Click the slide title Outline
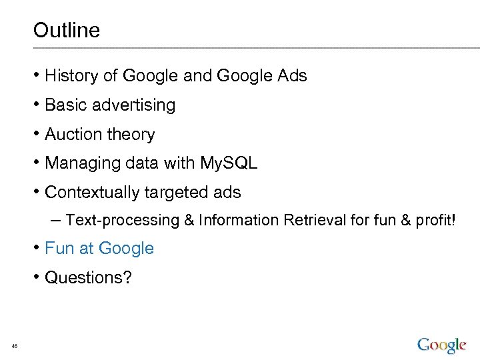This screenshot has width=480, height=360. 66,31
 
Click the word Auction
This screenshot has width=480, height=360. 73,135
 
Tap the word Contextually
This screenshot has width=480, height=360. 91,193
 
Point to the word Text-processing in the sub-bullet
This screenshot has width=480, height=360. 123,220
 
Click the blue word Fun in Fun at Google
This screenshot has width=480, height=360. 59,249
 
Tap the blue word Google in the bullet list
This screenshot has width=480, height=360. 126,249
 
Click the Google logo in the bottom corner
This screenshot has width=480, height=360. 441,345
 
